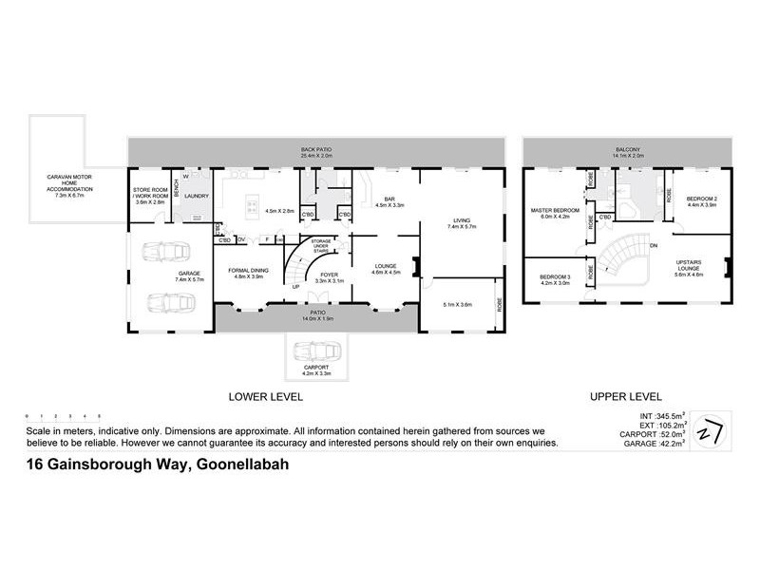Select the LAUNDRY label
pos(196,197)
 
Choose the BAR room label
pos(389,201)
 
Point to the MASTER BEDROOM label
pos(555,212)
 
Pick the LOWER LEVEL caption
pos(265,397)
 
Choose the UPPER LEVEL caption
pos(627,397)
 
